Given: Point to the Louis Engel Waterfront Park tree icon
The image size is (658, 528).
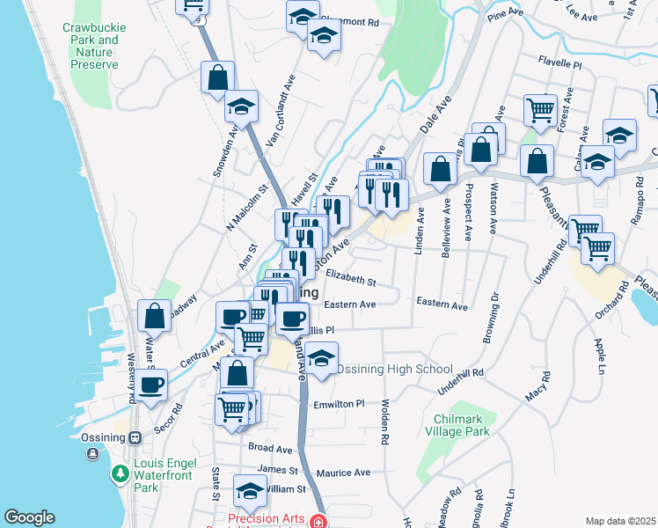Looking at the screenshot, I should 119,474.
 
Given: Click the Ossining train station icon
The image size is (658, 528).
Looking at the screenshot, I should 135,437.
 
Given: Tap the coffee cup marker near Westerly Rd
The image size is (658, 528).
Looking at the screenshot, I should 150,384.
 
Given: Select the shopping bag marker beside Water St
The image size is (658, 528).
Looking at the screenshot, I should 154,315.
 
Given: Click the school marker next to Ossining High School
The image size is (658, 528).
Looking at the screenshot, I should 322,358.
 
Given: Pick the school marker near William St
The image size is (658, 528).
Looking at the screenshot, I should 250,490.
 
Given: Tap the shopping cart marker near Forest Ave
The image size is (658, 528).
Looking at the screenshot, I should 540,110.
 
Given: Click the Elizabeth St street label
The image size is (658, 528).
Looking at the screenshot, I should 350,282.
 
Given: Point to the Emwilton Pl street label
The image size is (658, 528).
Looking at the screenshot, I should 339,404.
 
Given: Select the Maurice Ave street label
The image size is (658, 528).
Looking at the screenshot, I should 342,473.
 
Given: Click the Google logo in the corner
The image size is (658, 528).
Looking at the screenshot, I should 29,517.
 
